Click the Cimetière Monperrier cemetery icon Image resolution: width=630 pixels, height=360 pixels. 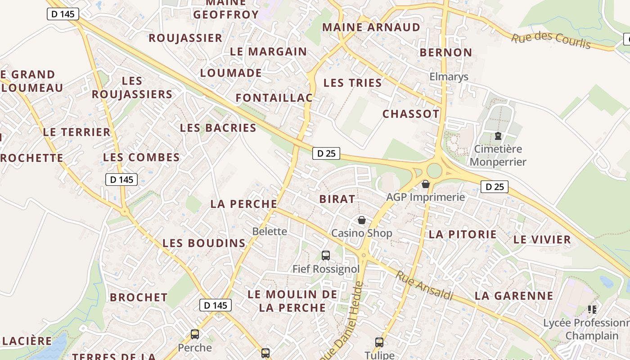(x=498, y=136)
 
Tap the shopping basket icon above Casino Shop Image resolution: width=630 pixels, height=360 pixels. (x=361, y=220)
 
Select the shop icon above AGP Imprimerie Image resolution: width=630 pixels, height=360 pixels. (x=426, y=184)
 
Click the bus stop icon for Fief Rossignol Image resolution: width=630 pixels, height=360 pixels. (x=326, y=256)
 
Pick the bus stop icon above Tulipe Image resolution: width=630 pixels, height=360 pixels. (x=379, y=342)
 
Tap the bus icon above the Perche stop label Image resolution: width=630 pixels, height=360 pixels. (x=195, y=334)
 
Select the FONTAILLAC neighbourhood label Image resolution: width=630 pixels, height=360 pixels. (x=274, y=98)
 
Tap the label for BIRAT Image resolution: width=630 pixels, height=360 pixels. (x=337, y=199)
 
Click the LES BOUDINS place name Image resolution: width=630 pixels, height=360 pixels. (x=204, y=243)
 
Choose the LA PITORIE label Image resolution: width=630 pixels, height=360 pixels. (x=463, y=234)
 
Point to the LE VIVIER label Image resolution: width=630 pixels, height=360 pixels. (x=542, y=239)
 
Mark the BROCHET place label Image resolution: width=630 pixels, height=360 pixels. (x=139, y=297)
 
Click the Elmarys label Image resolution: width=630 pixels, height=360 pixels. (x=449, y=76)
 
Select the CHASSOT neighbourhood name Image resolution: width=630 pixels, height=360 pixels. (x=411, y=114)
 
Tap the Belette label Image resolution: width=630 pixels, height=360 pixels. (x=270, y=231)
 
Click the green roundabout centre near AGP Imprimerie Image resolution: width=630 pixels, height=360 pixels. (x=434, y=171)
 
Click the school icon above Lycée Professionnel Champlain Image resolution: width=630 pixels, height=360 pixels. (x=592, y=309)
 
